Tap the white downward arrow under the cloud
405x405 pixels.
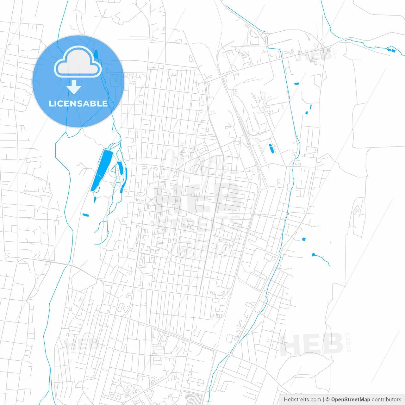click(74, 87)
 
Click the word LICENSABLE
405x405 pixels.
click(78, 103)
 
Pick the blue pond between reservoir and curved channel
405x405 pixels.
click(120, 168)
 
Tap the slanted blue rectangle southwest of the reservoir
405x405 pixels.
click(85, 215)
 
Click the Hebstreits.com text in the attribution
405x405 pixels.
click(302, 400)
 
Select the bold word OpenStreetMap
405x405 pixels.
click(350, 400)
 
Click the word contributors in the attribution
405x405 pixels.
click(386, 400)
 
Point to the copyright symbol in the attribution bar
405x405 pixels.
click(328, 400)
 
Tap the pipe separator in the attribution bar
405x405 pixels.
click(323, 400)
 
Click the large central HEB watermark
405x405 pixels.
click(198, 198)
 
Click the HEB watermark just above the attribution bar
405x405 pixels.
click(311, 344)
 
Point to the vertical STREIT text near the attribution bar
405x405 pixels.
click(348, 342)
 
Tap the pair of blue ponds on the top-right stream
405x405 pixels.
click(391, 50)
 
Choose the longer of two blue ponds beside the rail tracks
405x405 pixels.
click(271, 149)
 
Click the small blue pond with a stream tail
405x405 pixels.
click(313, 254)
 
